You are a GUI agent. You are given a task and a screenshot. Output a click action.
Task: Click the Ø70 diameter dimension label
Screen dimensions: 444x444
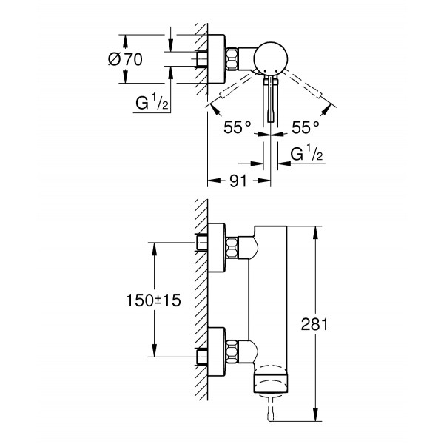click(x=124, y=61)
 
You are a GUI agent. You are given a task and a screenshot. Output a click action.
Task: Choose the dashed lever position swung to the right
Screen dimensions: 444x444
click(x=308, y=92)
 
